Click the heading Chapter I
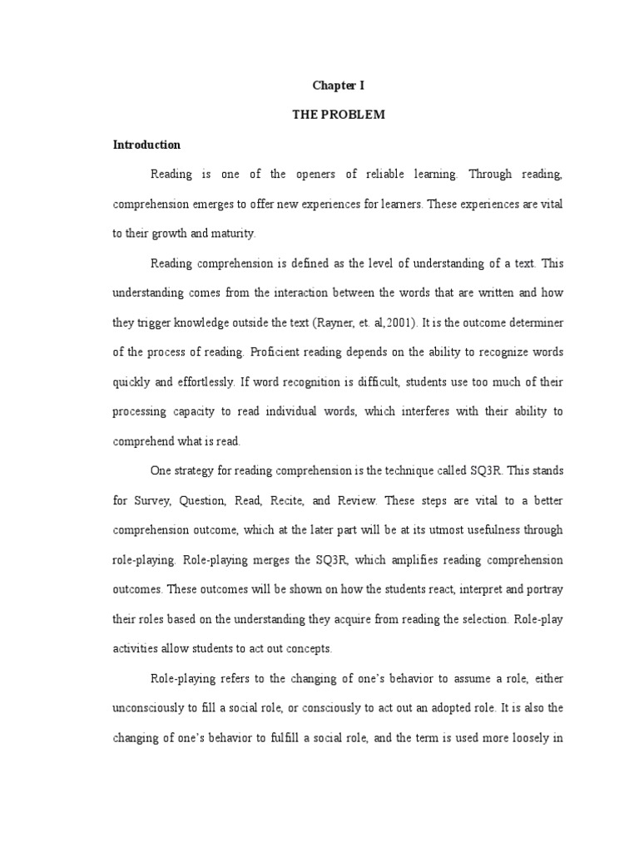[x=338, y=85]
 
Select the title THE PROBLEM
[x=338, y=115]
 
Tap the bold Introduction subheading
[x=146, y=145]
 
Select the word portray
[x=544, y=589]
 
